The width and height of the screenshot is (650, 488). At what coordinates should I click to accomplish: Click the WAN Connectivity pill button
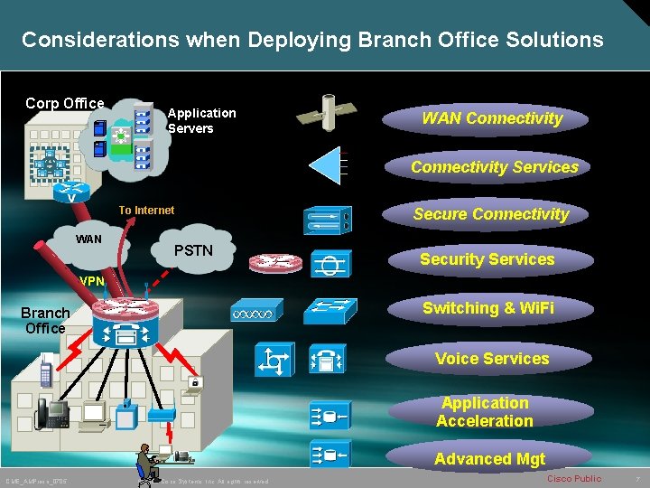(491, 118)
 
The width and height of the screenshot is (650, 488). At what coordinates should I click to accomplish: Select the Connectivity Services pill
(494, 167)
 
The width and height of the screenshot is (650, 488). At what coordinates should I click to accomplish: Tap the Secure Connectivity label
(490, 214)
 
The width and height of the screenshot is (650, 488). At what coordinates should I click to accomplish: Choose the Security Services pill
(487, 259)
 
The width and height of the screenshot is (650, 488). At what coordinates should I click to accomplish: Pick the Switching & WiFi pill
(487, 308)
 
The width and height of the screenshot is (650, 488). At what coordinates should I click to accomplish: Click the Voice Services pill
(491, 359)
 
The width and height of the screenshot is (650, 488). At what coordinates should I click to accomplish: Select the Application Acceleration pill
(485, 412)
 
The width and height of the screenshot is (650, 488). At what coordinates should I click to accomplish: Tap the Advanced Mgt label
(489, 459)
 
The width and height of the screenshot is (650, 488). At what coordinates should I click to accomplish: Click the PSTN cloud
(193, 249)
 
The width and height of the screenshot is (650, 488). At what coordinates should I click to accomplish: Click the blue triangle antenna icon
(326, 165)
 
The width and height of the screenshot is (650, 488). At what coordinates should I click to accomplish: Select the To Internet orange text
(146, 211)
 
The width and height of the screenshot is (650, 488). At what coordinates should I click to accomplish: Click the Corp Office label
(64, 103)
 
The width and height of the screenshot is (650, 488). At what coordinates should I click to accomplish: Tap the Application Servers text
(201, 120)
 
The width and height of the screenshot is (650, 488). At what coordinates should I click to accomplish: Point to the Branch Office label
(45, 321)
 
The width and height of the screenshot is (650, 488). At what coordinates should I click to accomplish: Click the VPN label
(91, 281)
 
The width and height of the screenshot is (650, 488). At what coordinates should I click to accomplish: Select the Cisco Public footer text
(574, 478)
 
